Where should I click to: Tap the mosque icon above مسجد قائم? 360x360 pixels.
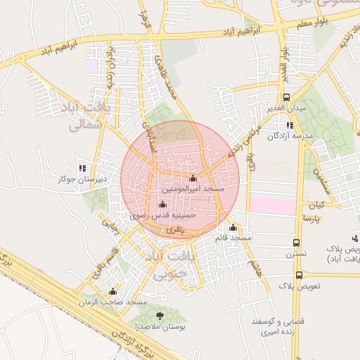[233, 227]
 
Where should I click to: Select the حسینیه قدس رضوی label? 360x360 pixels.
[162, 216]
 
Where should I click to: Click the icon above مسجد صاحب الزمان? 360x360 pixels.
[112, 292]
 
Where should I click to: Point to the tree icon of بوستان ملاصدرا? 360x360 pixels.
[159, 316]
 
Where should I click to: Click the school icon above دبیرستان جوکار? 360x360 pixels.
[82, 168]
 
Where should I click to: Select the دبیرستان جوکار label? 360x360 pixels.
[82, 179]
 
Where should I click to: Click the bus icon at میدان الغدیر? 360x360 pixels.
[286, 98]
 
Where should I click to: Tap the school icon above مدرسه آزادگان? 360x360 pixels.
[290, 125]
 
